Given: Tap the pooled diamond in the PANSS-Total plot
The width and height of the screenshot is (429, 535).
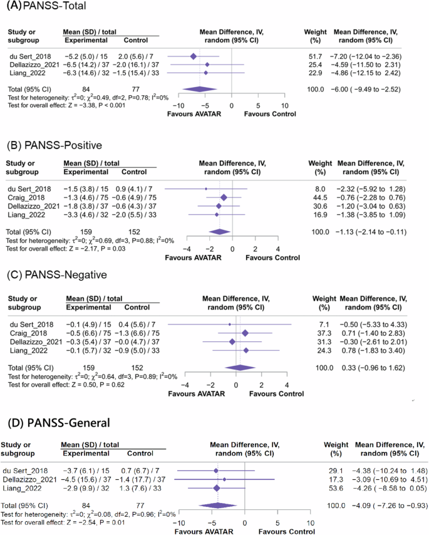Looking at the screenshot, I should [200, 89].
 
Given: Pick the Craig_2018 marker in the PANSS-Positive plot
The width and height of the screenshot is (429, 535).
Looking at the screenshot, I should [224, 197].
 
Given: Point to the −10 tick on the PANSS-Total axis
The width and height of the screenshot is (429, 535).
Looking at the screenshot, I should [178, 106].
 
